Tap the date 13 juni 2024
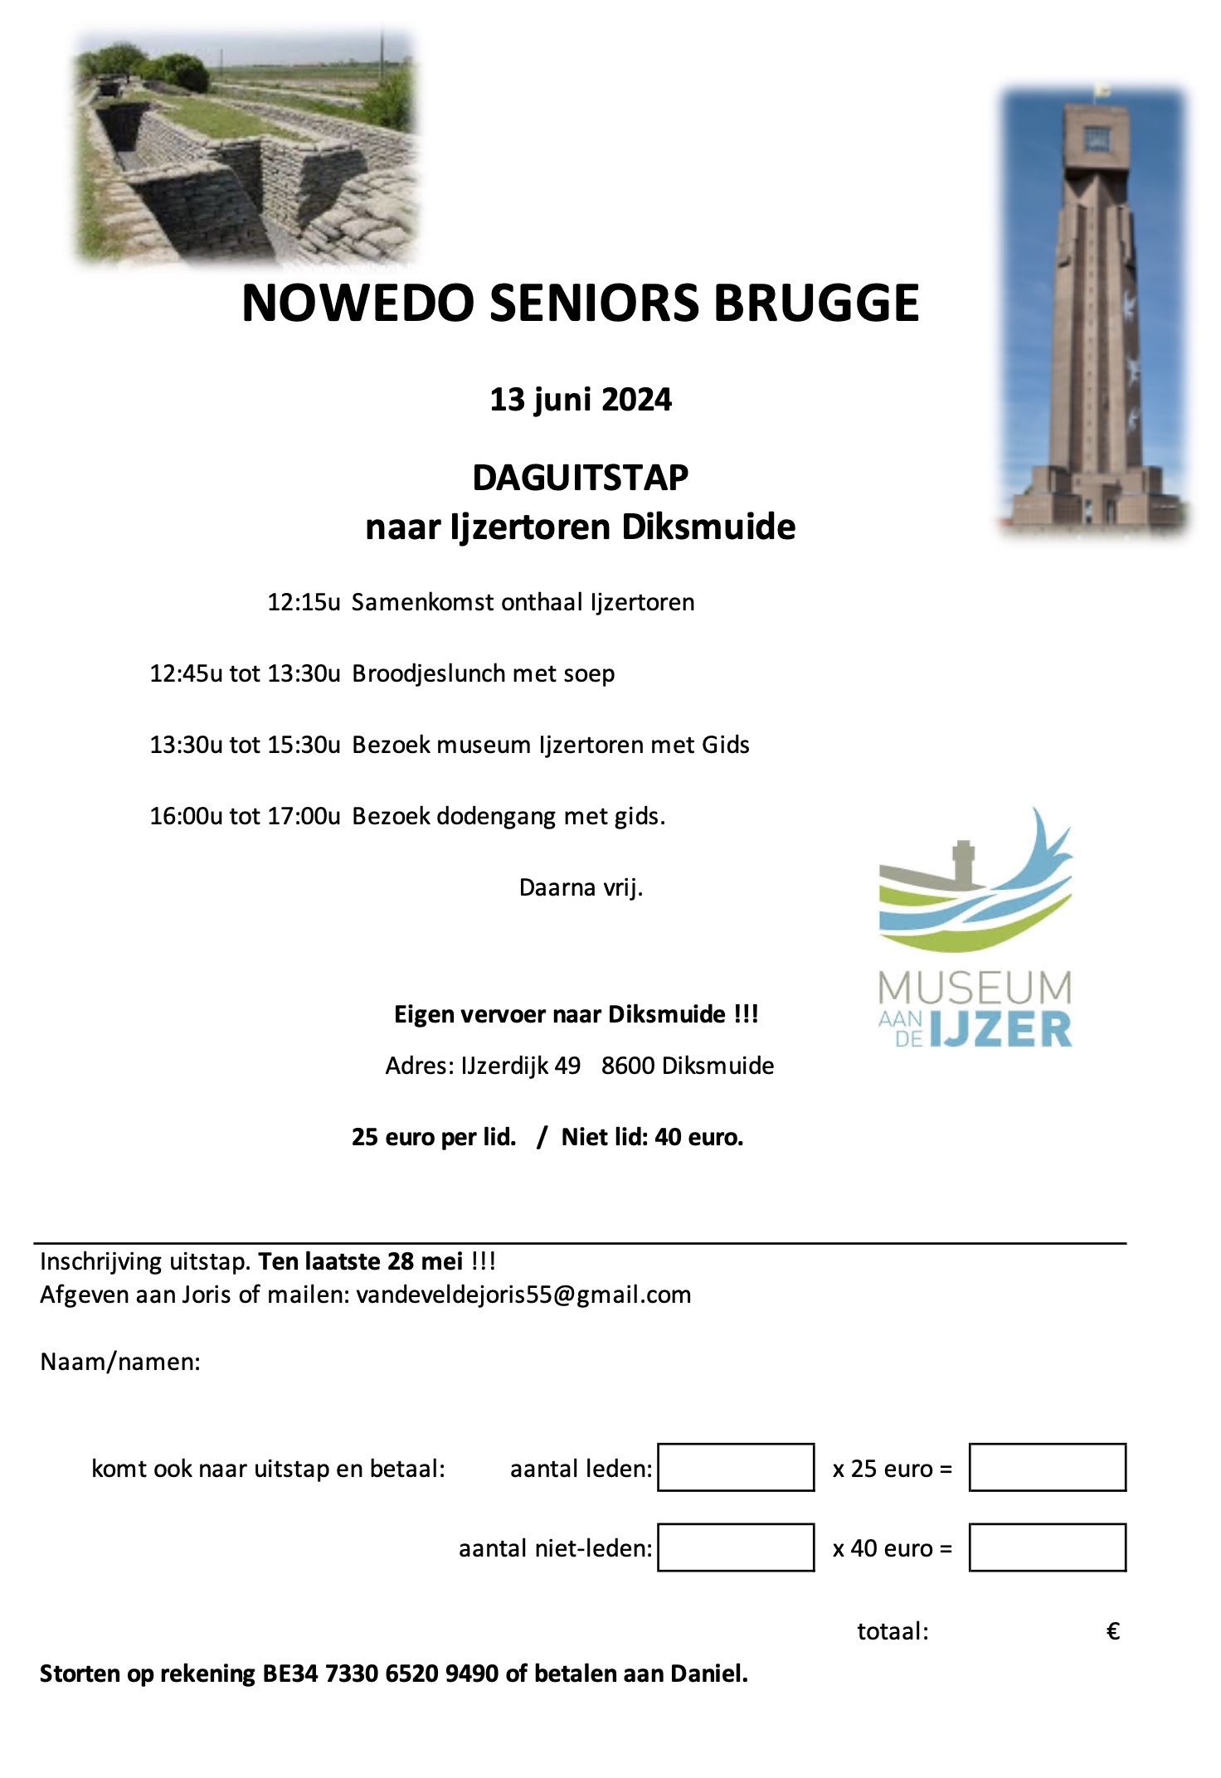pos(581,400)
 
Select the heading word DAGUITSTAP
pos(581,478)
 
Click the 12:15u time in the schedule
pos(304,602)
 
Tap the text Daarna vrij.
pos(581,887)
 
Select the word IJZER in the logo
pos(1001,1031)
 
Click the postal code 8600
pos(627,1066)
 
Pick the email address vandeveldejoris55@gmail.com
pos(523,1295)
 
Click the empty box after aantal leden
pos(736,1467)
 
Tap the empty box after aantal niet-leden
pos(736,1547)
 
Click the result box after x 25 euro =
pos(1047,1467)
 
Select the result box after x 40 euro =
pos(1047,1547)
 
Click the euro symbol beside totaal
pos(1113,1632)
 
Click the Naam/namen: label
pos(120,1362)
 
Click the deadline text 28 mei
pos(425,1261)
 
